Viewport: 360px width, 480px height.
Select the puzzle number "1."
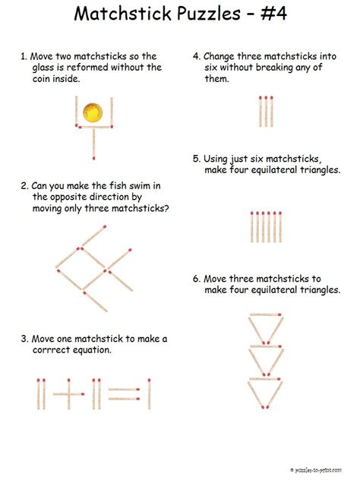coord(24,55)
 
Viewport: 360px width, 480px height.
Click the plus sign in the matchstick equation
coord(69,393)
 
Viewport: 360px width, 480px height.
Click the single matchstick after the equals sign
coord(149,393)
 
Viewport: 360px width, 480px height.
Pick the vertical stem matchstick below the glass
coord(93,143)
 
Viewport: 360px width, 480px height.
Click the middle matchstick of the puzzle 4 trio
coord(265,111)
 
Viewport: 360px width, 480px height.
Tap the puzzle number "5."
coord(196,159)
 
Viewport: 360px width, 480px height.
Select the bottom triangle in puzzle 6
coord(266,390)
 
